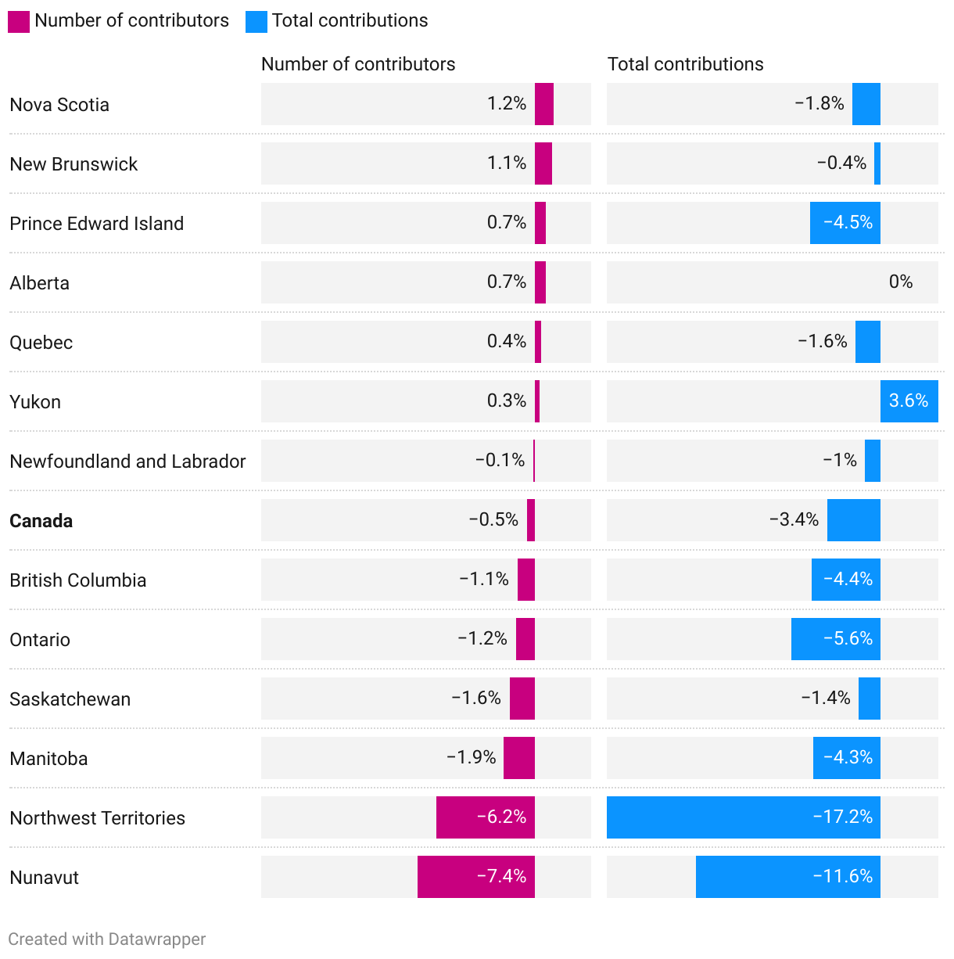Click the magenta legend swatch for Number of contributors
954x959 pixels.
click(x=19, y=22)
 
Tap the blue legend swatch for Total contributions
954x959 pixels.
click(x=256, y=22)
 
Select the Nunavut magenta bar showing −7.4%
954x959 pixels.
click(x=475, y=877)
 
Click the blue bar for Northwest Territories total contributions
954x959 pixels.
click(x=743, y=817)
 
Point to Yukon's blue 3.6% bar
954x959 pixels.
click(x=909, y=401)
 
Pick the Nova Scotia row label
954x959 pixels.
click(x=59, y=105)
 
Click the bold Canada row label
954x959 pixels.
click(x=41, y=521)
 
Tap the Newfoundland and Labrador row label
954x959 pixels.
click(x=127, y=462)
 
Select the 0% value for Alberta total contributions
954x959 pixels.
click(x=901, y=282)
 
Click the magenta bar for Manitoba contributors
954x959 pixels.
click(x=519, y=758)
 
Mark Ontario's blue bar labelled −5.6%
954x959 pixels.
click(x=835, y=639)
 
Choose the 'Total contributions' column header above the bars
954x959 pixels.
click(x=685, y=64)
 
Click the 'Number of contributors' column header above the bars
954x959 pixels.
click(x=358, y=64)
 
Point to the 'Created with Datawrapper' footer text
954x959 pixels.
click(x=107, y=939)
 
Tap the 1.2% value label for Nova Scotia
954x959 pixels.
click(x=507, y=104)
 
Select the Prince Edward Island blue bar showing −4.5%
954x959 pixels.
click(x=845, y=223)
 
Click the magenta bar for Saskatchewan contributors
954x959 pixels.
click(x=522, y=699)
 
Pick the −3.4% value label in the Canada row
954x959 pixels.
click(x=794, y=520)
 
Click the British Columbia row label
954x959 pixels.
click(x=78, y=580)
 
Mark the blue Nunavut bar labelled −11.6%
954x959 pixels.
click(x=787, y=877)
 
